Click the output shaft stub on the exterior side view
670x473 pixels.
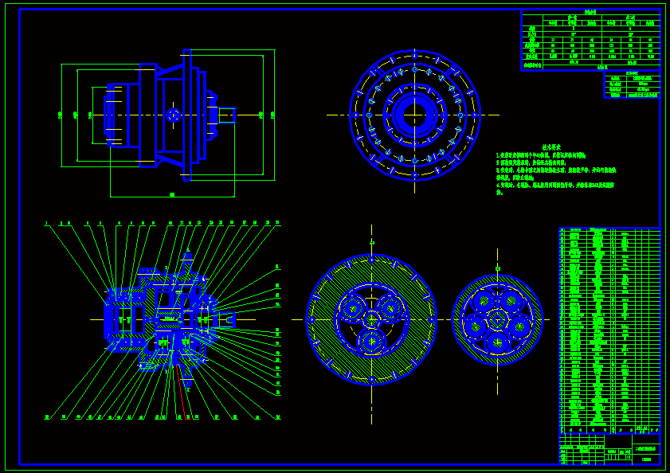[227, 115]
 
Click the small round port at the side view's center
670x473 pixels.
[174, 115]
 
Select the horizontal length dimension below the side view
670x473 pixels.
[172, 194]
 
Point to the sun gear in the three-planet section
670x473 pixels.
[371, 319]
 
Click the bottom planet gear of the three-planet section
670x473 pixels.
[371, 342]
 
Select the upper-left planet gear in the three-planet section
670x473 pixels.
[352, 308]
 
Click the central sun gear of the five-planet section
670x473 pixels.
[497, 319]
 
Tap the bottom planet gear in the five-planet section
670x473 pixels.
[497, 342]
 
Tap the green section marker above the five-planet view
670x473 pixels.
[497, 268]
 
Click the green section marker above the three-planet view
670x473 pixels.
[371, 241]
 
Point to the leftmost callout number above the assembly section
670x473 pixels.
[46, 223]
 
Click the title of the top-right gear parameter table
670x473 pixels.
[590, 13]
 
